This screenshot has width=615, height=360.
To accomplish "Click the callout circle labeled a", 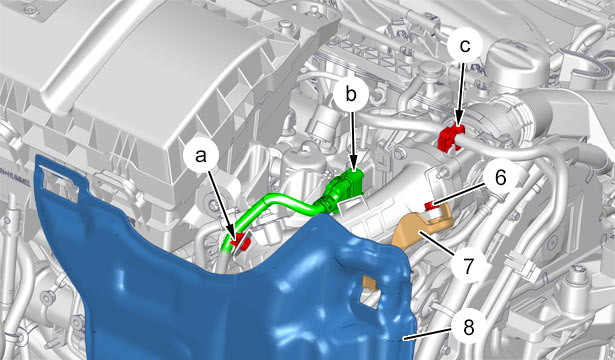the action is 200,156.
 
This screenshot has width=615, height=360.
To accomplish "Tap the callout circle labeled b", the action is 351,95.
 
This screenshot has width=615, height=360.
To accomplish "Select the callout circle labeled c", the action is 464,46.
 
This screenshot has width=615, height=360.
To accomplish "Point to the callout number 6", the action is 500,178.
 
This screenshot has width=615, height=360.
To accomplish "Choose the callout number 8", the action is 469,327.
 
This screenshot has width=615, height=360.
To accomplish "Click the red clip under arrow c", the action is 450,137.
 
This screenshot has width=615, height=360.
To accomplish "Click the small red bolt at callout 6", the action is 431,205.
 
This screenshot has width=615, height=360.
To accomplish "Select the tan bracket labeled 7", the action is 424,229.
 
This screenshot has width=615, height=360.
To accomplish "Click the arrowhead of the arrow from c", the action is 458,123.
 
